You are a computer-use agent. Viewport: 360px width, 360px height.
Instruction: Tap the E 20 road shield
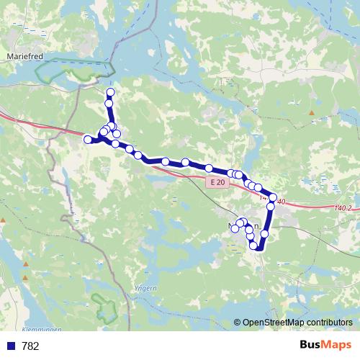217,184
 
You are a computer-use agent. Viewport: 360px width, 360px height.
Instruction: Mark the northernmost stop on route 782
110,92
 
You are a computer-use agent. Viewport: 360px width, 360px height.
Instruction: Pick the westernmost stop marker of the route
88,139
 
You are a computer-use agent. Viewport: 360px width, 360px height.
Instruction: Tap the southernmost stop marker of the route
253,246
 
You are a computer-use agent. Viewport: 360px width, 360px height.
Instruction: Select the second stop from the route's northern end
109,104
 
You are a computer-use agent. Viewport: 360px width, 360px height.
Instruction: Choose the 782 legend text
31,346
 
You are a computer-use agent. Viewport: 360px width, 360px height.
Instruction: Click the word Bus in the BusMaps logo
311,346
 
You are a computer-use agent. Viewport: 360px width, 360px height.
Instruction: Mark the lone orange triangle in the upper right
311,113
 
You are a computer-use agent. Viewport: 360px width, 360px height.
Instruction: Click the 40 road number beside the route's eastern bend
281,202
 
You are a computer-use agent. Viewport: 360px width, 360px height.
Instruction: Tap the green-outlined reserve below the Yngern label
106,308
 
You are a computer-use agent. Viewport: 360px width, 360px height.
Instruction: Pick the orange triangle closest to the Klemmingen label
26,276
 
